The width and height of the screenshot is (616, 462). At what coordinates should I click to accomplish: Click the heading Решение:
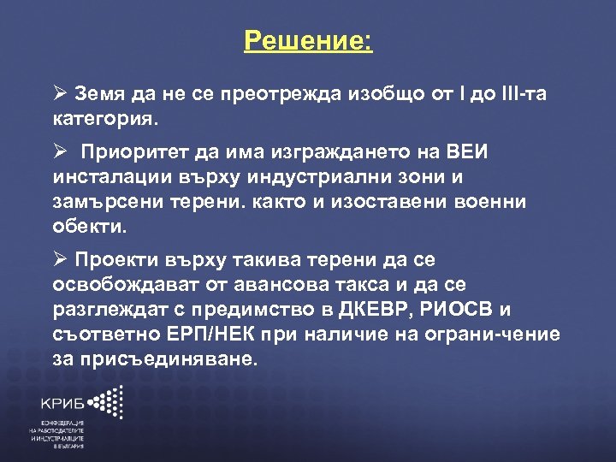point(308,41)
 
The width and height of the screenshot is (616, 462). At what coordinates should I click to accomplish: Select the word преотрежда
point(274,93)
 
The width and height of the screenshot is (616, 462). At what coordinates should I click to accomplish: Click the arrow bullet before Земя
point(57,93)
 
